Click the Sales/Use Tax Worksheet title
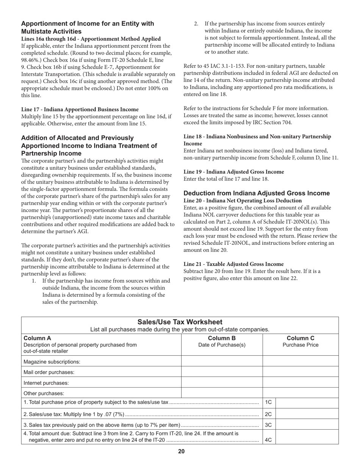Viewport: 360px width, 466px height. pos(180,322)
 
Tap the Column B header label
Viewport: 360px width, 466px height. pos(222,338)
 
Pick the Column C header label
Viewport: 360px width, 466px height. pos(301,338)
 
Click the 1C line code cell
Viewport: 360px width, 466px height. pos(268,402)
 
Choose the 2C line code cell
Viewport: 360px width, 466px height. pos(268,414)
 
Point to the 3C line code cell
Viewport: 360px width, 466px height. pos(268,425)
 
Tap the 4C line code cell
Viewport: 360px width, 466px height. pos(268,440)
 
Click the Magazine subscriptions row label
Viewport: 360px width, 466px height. pos(52,361)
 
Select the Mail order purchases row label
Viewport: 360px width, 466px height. pos(49,372)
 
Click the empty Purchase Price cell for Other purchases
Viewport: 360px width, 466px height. pos(301,393)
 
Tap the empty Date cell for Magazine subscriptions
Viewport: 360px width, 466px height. pos(222,361)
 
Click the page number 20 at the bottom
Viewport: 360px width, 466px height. pos(181,451)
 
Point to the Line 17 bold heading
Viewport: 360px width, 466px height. pos(80,109)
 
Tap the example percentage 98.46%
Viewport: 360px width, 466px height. pos(31,60)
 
